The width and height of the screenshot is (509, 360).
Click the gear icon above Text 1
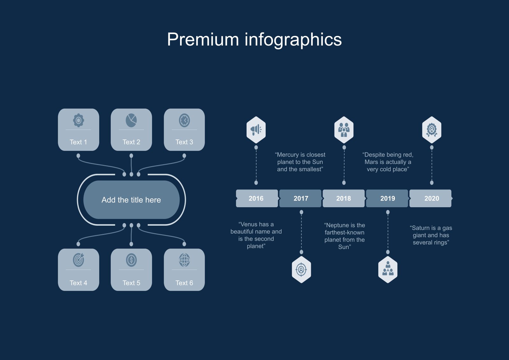[78, 120]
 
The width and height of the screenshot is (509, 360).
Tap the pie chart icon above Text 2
[131, 120]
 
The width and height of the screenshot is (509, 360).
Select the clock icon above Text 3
[184, 120]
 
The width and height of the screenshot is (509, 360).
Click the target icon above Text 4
[78, 260]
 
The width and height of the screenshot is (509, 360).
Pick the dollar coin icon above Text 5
[131, 260]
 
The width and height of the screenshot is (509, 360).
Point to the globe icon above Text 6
[184, 260]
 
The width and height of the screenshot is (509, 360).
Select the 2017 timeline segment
[300, 198]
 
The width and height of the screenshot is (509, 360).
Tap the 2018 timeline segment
[344, 198]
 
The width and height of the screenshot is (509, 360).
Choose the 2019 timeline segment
[387, 198]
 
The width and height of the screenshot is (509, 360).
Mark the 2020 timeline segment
[431, 198]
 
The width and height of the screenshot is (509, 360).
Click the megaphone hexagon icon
[256, 130]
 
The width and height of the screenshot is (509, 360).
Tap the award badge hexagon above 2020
[432, 130]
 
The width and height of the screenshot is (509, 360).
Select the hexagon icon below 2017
[301, 270]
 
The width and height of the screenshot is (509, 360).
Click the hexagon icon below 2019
[388, 270]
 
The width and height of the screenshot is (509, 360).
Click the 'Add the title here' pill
[131, 200]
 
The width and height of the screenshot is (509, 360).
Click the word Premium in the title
[203, 39]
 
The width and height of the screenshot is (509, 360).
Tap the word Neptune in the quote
[338, 225]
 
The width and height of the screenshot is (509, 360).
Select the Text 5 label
[131, 283]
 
